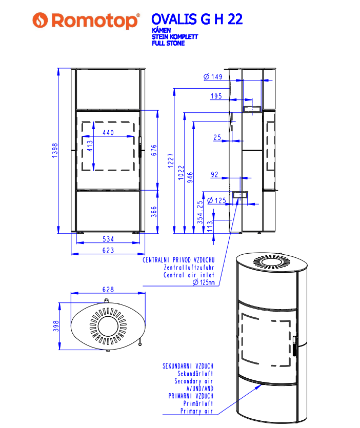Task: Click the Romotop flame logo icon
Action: (x=40, y=20)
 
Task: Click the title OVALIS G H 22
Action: (x=197, y=19)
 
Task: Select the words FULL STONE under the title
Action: (x=168, y=43)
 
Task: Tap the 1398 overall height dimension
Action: (x=55, y=150)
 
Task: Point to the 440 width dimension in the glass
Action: (x=108, y=133)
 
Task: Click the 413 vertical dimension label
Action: (x=90, y=146)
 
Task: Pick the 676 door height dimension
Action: (x=154, y=150)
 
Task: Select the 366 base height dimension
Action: (x=154, y=212)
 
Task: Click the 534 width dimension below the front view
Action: (x=108, y=239)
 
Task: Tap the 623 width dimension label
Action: (x=108, y=250)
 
